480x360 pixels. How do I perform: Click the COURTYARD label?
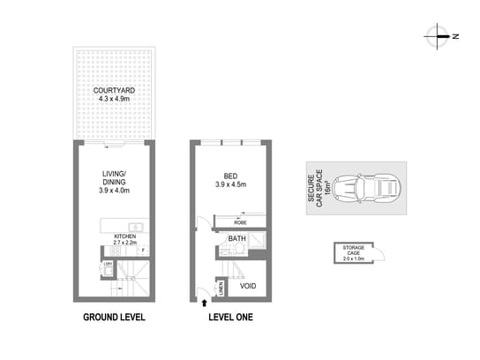point(113,91)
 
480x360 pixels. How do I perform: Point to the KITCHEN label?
point(124,236)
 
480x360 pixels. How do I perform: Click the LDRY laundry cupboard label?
point(107,263)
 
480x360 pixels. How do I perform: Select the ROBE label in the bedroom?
point(240,223)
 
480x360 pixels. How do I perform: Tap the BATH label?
point(236,238)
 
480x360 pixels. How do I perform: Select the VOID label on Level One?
point(248,287)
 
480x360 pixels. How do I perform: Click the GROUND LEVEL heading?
point(114,317)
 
